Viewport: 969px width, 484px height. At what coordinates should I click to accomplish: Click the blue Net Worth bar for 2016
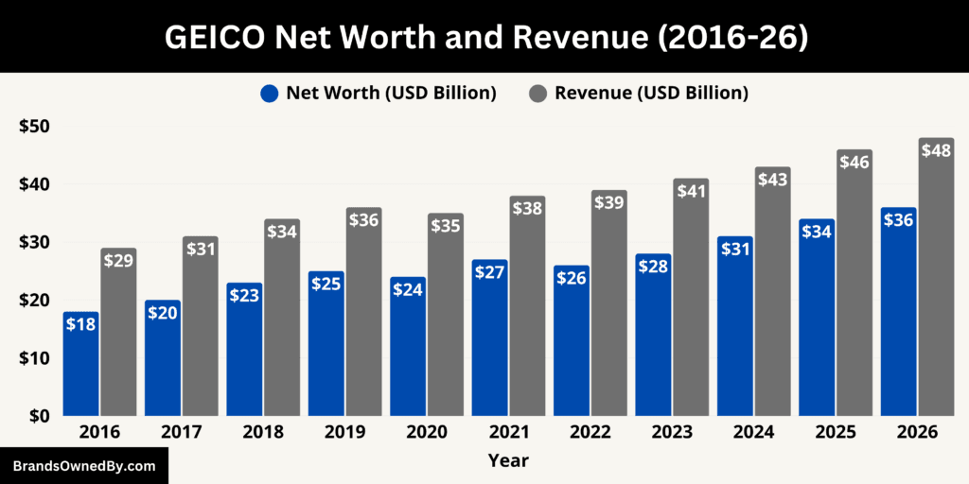(81, 364)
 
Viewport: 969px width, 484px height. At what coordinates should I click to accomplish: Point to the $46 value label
(854, 163)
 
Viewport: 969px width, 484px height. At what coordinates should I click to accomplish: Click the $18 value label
(81, 325)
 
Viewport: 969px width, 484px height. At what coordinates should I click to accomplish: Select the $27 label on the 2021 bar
(489, 272)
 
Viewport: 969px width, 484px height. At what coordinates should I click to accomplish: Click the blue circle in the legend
(269, 94)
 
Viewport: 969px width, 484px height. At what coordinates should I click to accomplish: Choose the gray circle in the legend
(537, 94)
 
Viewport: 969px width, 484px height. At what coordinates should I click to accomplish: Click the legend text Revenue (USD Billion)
(651, 93)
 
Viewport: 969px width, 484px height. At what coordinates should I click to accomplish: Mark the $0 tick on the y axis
(39, 416)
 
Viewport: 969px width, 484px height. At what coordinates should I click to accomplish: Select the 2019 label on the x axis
(345, 432)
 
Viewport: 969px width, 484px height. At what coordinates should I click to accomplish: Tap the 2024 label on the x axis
(753, 432)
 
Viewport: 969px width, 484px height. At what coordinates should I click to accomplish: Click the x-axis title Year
(508, 461)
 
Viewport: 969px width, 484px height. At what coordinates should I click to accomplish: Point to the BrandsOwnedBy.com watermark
(83, 466)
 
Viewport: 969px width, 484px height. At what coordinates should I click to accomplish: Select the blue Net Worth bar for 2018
(244, 349)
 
